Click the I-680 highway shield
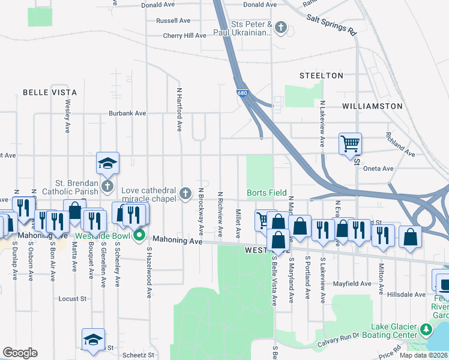[x=241, y=93]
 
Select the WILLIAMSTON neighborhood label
[x=372, y=106]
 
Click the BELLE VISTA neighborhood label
[x=50, y=92]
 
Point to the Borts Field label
[x=267, y=193]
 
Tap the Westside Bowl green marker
[x=139, y=235]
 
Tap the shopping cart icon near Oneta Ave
[x=350, y=143]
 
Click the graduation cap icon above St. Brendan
[x=108, y=163]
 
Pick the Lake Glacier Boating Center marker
[x=426, y=329]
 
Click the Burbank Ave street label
[x=127, y=113]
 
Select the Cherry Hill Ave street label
[x=184, y=36]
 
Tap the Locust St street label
[x=73, y=298]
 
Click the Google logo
[x=20, y=353]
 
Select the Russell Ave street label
[x=173, y=20]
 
